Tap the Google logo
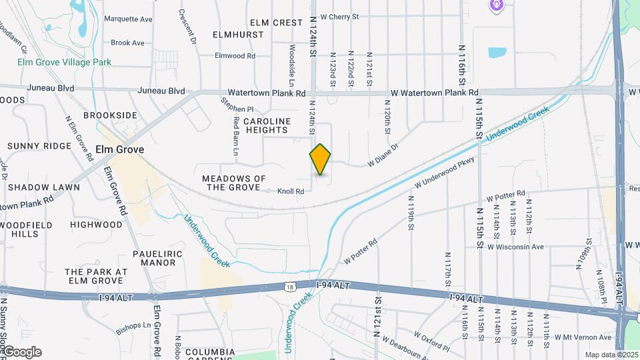point(21,352)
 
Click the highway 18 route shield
point(289,287)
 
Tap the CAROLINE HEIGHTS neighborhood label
point(267,126)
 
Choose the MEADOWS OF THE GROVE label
point(234,183)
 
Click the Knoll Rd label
point(291,191)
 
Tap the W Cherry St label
point(339,16)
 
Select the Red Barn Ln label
point(236,136)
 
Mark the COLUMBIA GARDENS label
point(210,355)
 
